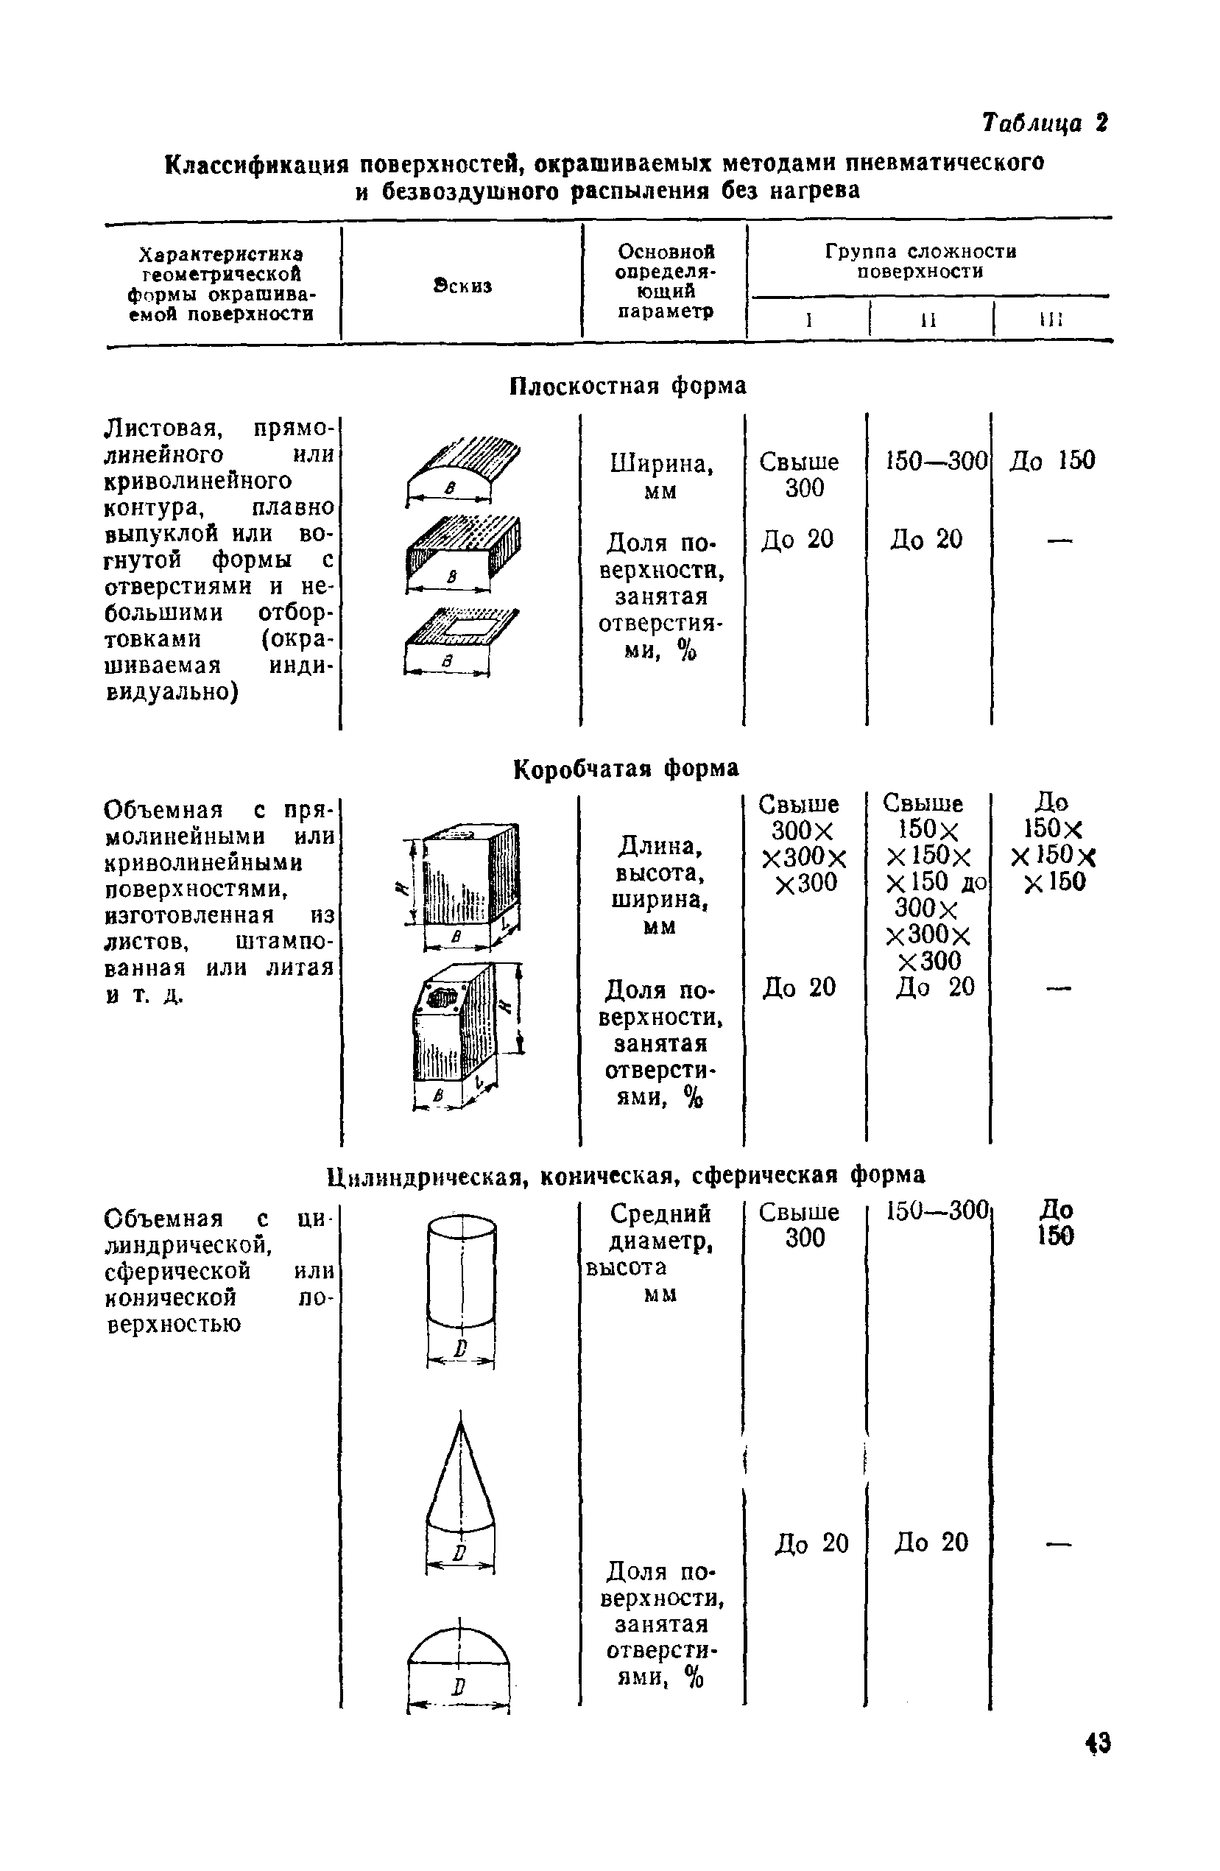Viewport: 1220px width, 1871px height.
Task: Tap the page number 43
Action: coord(1097,1765)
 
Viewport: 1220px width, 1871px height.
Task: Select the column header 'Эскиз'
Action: coord(462,286)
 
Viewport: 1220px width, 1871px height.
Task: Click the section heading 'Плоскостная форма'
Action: coord(627,385)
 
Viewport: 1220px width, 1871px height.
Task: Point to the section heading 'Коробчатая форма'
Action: coord(626,768)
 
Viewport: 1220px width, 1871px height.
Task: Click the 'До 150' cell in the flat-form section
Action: coord(1052,461)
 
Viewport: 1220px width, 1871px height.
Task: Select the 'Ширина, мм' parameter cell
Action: coord(661,476)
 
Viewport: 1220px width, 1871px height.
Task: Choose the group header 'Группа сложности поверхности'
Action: coord(920,261)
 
